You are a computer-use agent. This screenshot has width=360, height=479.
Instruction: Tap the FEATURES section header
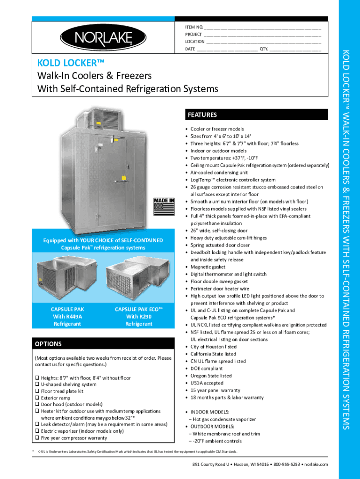(x=202, y=115)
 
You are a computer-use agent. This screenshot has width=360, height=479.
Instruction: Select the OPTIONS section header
(x=48, y=344)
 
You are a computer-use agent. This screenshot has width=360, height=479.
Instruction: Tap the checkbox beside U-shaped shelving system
(x=37, y=385)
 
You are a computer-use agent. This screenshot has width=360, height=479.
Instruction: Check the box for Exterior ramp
(x=37, y=398)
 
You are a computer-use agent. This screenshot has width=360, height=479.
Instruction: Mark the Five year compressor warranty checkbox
(x=37, y=438)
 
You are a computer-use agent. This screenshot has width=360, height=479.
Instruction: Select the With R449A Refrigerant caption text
(x=67, y=320)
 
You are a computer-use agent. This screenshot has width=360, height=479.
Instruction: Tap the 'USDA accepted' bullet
(x=207, y=383)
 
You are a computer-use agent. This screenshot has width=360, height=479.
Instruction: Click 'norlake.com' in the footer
(x=317, y=464)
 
